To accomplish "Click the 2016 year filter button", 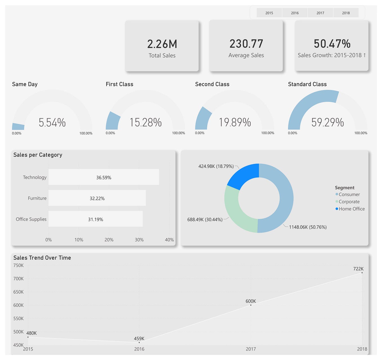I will click(x=295, y=13).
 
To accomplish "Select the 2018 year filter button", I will click(x=346, y=13).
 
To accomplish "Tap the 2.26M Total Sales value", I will click(x=162, y=44).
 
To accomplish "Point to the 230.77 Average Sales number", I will click(x=246, y=44).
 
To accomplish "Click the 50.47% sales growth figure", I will click(x=332, y=44).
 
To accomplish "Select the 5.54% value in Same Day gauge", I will click(x=52, y=123).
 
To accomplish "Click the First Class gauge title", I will click(x=119, y=84).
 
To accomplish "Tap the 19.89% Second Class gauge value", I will click(x=235, y=122).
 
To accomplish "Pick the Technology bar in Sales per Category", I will click(x=104, y=177).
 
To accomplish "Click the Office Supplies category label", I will click(x=31, y=219).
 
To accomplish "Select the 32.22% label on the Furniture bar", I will click(x=97, y=199).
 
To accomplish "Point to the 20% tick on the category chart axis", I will click(x=109, y=240).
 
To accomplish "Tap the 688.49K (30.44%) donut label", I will click(x=205, y=219).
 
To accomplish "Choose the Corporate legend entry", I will click(x=349, y=202).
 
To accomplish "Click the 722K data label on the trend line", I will click(x=358, y=269).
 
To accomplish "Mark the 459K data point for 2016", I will click(x=139, y=342).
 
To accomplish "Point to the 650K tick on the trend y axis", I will click(x=19, y=292).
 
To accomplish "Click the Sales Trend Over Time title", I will click(x=42, y=258).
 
